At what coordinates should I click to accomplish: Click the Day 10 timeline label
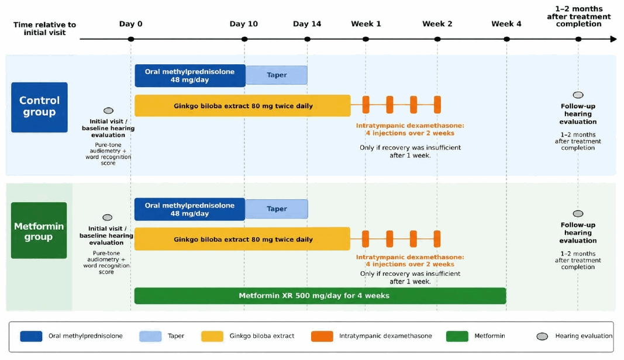[243, 24]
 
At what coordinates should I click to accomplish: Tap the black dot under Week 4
[506, 39]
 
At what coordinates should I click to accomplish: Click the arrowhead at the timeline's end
[613, 39]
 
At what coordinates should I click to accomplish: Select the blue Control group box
[39, 108]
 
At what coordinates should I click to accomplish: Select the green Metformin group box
[39, 230]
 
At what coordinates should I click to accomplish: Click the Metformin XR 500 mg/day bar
[320, 296]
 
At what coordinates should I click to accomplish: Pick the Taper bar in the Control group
[277, 75]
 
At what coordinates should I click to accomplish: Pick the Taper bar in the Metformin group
[277, 209]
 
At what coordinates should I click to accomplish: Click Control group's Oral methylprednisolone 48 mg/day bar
[190, 75]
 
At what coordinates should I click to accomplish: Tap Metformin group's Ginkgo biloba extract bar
[242, 239]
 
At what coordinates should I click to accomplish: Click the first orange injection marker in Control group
[366, 105]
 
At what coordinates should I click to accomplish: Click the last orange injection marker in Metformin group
[437, 238]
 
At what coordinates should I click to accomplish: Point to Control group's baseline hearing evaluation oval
[108, 110]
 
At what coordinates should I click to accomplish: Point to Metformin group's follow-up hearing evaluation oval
[578, 214]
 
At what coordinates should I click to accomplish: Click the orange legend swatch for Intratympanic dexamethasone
[322, 336]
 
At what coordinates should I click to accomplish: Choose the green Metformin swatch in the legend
[457, 336]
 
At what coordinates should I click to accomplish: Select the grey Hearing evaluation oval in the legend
[542, 337]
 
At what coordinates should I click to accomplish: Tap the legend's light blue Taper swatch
[150, 336]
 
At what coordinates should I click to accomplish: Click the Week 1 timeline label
[366, 24]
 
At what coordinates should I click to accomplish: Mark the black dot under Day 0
[131, 39]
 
